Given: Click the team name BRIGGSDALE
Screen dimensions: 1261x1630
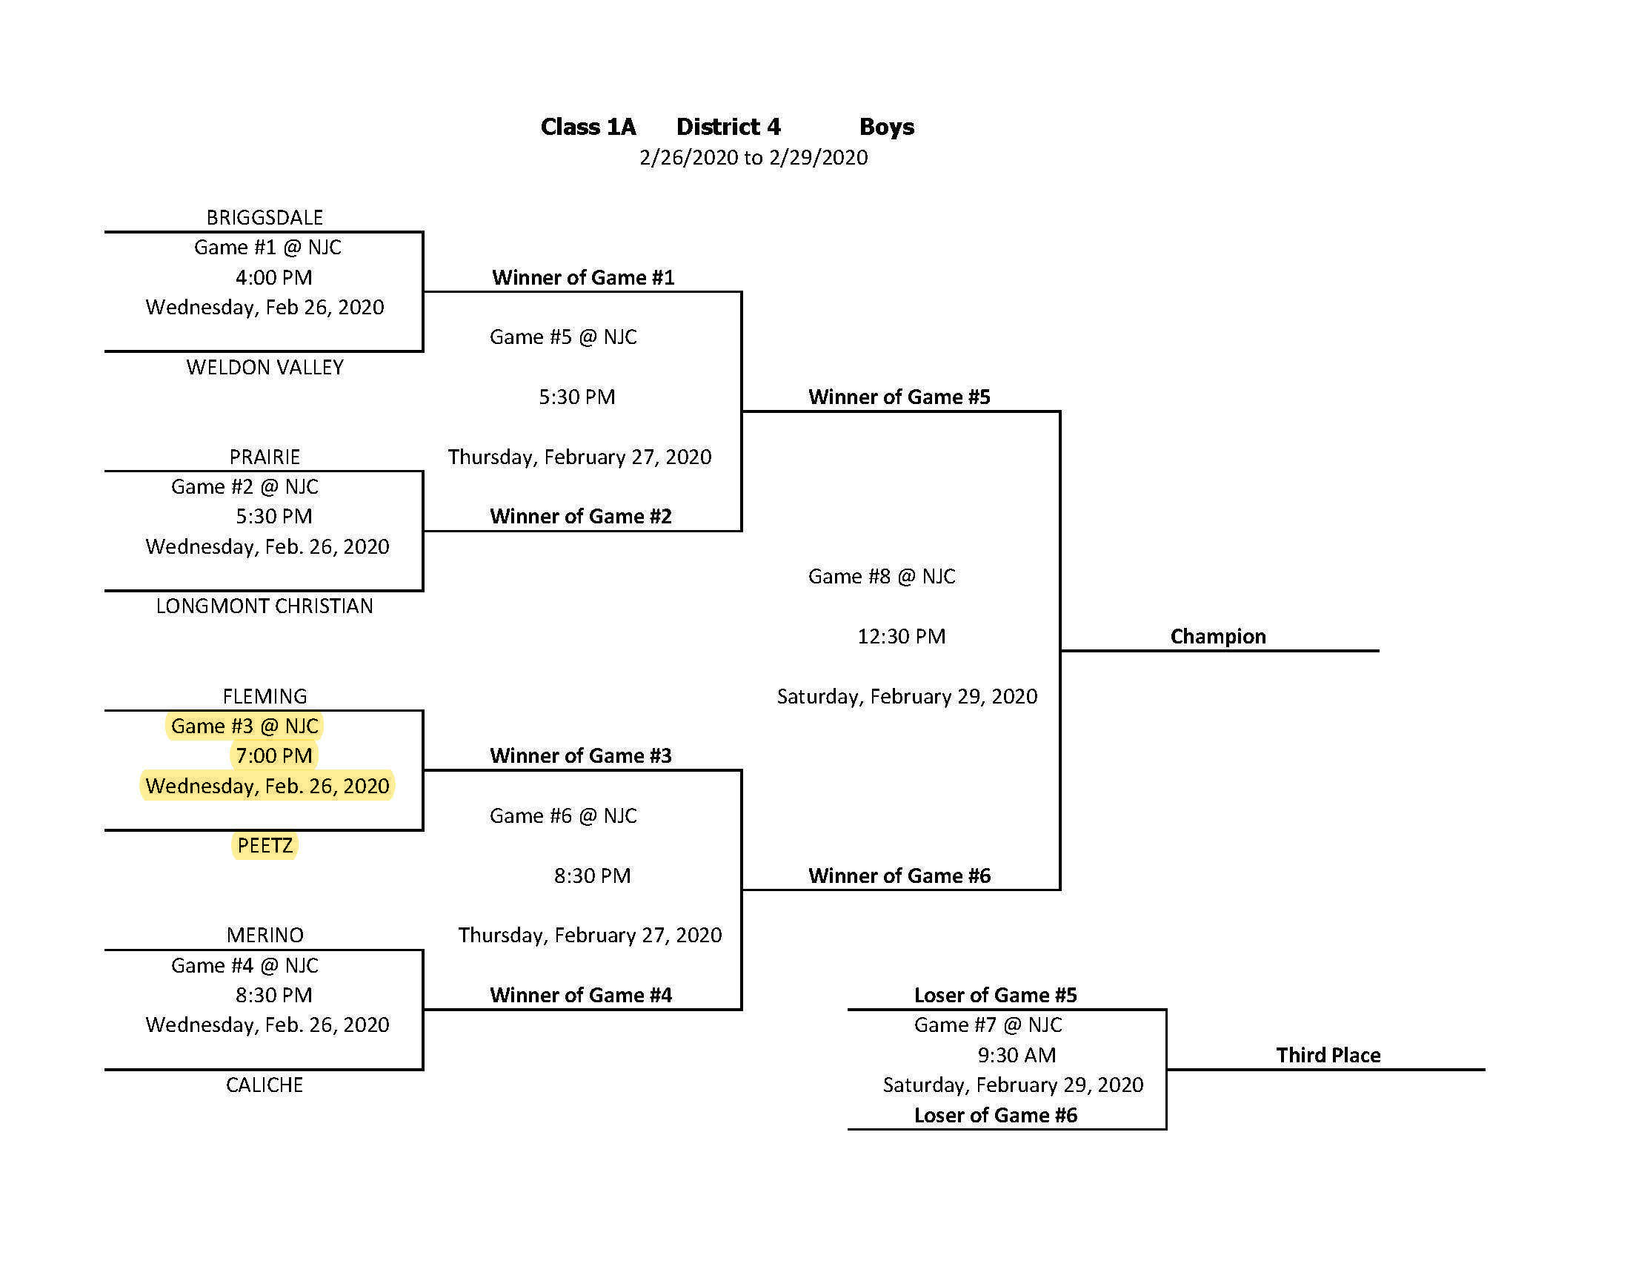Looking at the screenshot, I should pos(265,217).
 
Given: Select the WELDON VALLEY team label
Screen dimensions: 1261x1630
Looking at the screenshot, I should pos(265,367).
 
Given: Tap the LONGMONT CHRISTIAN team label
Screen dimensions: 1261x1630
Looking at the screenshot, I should pos(265,606).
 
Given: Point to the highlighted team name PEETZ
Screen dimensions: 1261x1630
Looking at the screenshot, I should pos(265,845).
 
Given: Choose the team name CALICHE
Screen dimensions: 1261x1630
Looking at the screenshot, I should pos(265,1085).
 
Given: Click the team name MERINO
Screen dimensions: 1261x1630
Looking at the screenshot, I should pos(265,935).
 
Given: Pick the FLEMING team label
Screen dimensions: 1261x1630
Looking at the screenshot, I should pos(265,696).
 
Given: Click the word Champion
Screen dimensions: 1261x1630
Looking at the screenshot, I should pos(1217,636).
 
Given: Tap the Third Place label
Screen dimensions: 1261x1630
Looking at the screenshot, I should pos(1328,1055).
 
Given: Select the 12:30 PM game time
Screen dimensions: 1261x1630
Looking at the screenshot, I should pos(901,636).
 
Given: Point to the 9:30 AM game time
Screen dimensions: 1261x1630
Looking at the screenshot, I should pos(1017,1055).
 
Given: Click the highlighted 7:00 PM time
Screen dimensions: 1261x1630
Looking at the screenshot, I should pos(274,755).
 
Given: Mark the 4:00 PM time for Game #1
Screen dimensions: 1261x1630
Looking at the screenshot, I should pos(274,278).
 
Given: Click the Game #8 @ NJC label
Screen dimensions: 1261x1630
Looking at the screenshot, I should pos(882,576).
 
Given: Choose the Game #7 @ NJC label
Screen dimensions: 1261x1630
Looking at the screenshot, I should pos(988,1025).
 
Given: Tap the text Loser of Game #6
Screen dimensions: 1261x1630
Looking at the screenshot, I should pos(996,1115).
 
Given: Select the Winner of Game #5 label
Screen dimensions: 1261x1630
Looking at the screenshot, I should pos(899,397).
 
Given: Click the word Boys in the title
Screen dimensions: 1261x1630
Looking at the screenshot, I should pos(886,127).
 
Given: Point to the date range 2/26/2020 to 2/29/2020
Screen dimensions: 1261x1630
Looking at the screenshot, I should pos(753,157).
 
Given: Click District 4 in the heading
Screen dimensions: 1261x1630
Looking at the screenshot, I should pos(728,127).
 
